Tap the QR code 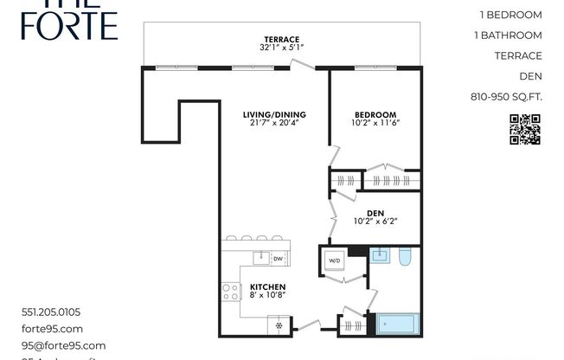coord(524,129)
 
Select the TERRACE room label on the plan coord(282,40)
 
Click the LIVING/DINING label coord(273,115)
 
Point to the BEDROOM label coord(375,115)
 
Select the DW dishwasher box coord(278,259)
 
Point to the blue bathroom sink coord(379,254)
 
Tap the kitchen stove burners coord(231,292)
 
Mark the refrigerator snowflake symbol coord(279,326)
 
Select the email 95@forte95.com coord(63,345)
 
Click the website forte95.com coord(52,329)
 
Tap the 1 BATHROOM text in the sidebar coord(509,35)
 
